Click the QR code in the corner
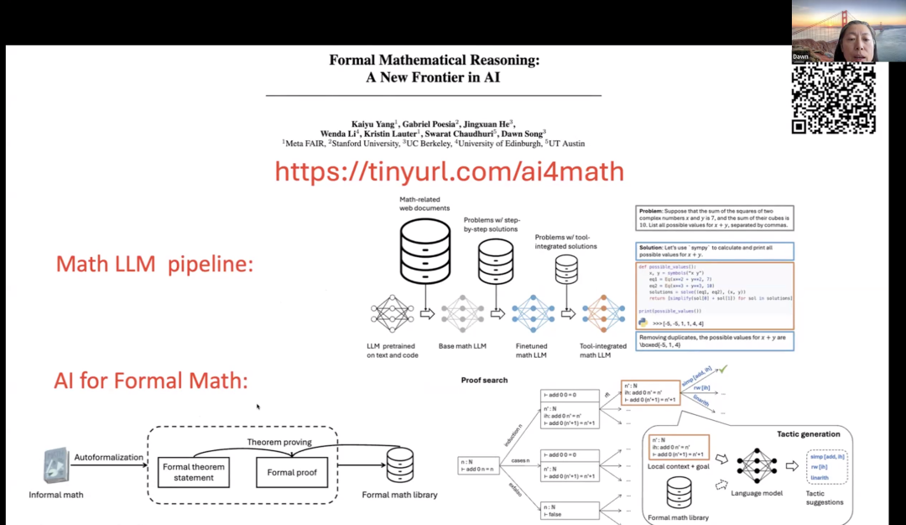[834, 98]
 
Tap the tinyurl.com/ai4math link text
[449, 171]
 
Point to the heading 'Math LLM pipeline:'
[154, 264]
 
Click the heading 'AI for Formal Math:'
[151, 381]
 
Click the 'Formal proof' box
[292, 472]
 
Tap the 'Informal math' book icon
[55, 466]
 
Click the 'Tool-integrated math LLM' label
[603, 349]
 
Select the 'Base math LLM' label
[462, 346]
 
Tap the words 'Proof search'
[484, 381]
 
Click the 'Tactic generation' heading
[809, 434]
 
